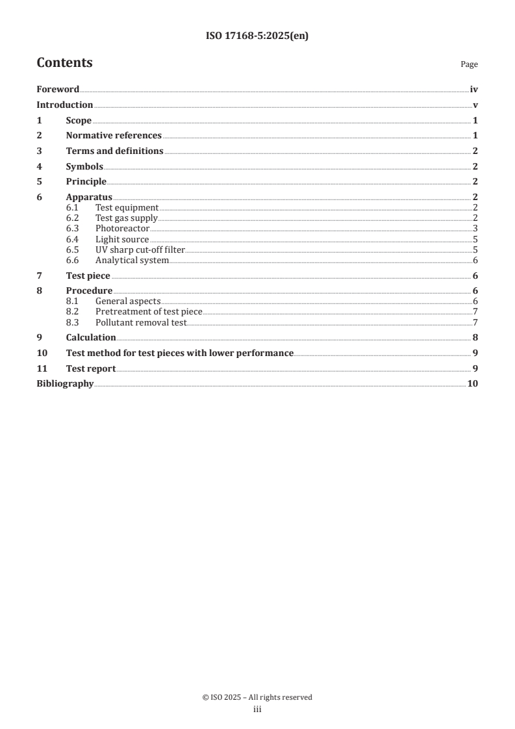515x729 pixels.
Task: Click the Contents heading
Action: coord(64,63)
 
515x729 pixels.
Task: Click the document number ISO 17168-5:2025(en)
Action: coord(257,36)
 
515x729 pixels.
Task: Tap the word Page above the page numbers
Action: coord(469,64)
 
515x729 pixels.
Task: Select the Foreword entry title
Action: coord(58,90)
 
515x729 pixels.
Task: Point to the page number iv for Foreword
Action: coord(474,90)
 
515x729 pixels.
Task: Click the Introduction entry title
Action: coord(64,105)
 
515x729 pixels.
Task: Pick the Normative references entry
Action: coord(114,136)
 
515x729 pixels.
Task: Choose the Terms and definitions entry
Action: coord(114,151)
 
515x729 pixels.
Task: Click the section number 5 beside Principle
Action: coord(39,182)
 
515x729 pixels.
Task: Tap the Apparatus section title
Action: coord(89,197)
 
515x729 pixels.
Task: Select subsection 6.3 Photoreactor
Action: coord(122,229)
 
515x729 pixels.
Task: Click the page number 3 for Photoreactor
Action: coord(475,229)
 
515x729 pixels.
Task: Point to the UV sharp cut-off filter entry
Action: coord(140,249)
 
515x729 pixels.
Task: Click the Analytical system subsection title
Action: coord(132,260)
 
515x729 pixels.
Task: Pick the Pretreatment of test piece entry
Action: coord(149,312)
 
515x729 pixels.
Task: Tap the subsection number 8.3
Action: coord(73,322)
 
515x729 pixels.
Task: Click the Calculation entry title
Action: coord(91,338)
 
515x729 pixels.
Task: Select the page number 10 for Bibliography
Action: coord(473,384)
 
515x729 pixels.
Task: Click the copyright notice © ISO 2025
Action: coord(257,697)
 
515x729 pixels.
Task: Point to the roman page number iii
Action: coord(257,710)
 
